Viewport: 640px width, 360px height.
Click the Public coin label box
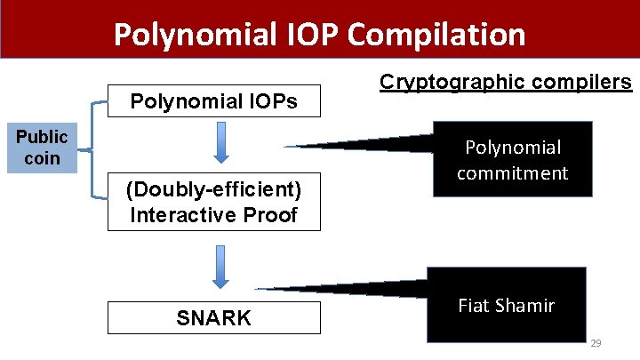coord(42,148)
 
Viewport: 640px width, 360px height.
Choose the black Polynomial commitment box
coord(512,159)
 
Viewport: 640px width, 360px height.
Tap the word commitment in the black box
coord(512,172)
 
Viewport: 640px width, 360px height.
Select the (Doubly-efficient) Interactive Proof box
coord(213,202)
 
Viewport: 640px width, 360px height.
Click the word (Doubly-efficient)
coord(213,190)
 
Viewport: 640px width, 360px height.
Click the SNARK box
coord(213,317)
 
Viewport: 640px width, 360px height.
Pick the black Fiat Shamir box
coord(507,305)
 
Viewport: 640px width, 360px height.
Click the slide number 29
coord(596,342)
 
